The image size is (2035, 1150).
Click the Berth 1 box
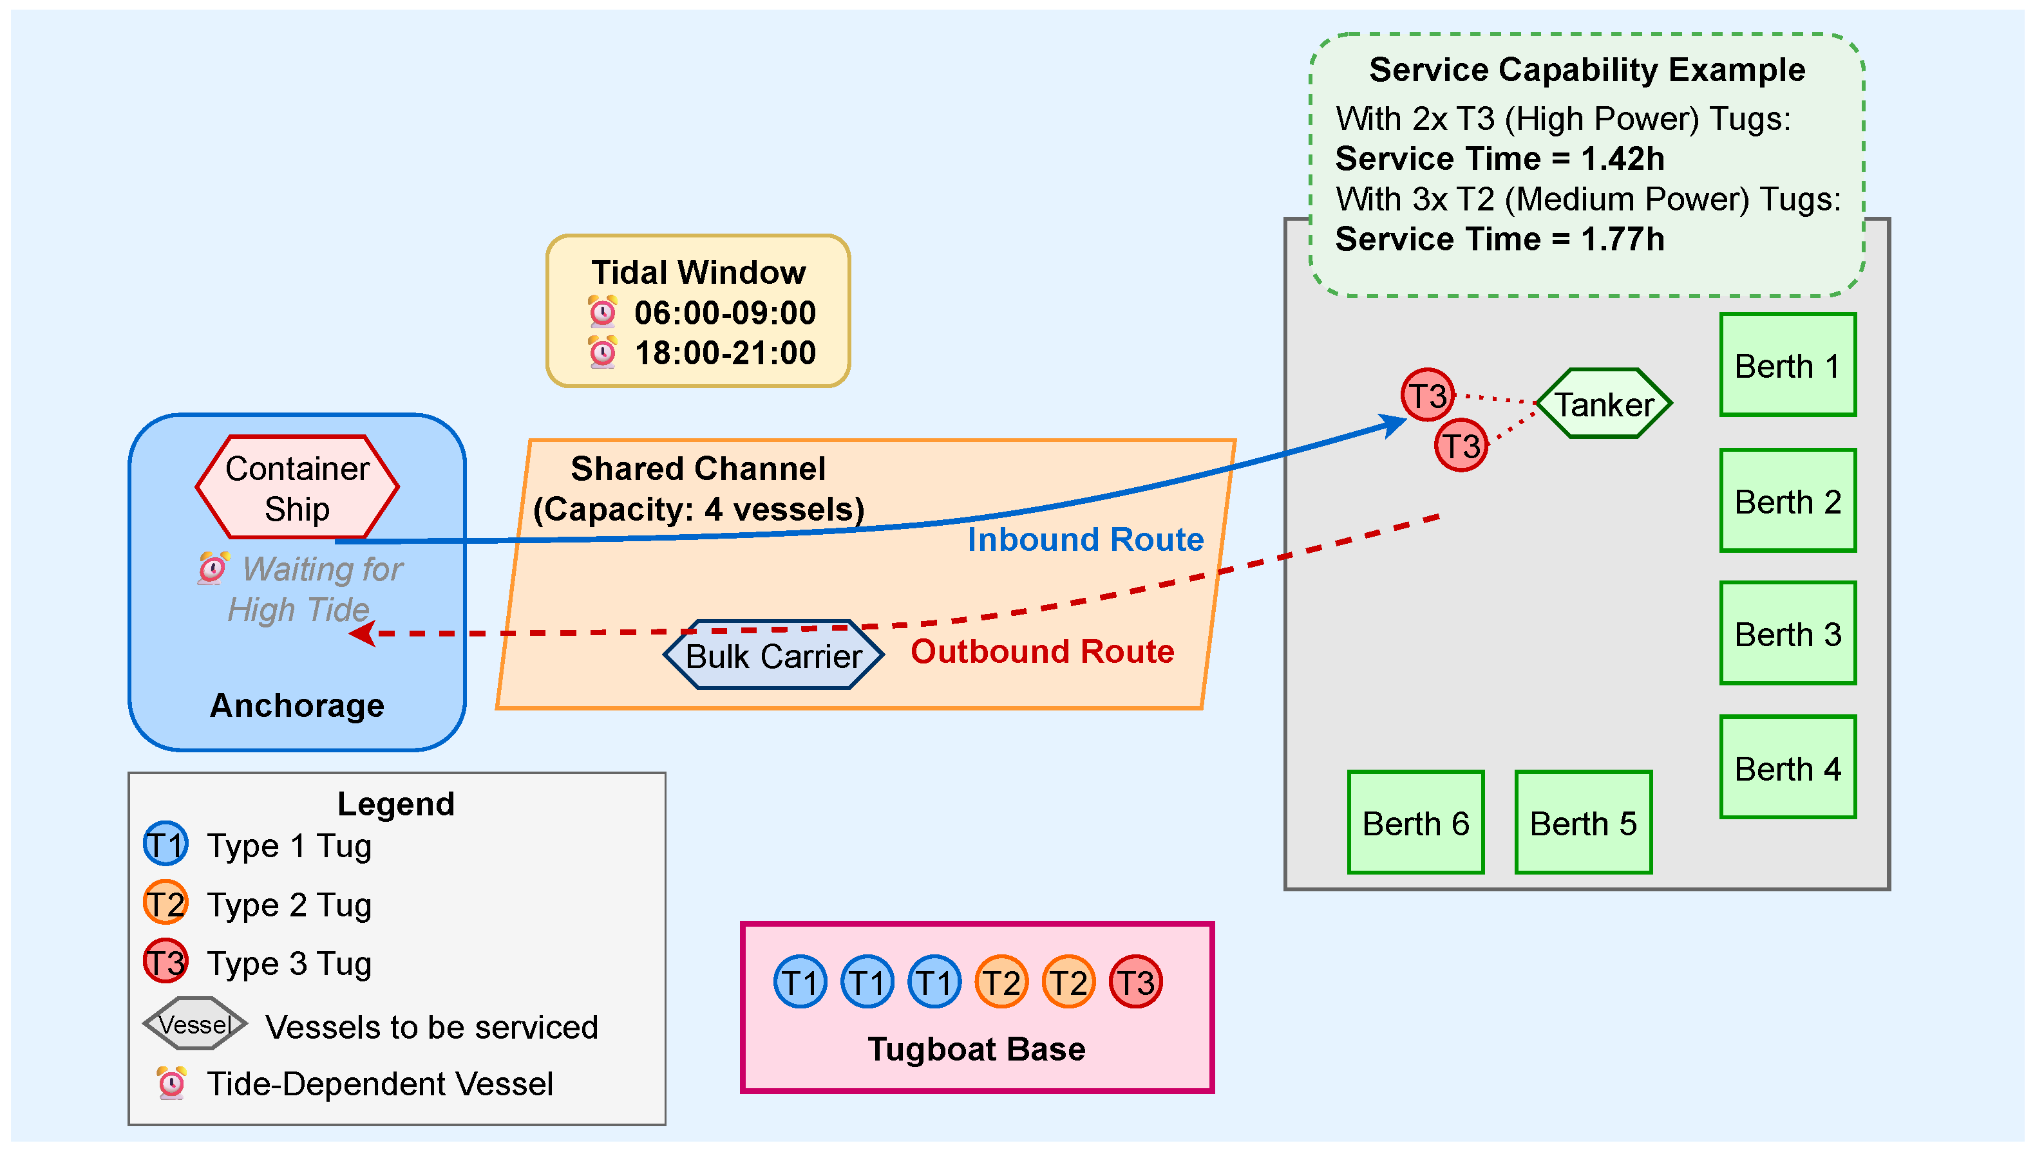(x=1787, y=365)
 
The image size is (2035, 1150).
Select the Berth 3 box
(x=1787, y=633)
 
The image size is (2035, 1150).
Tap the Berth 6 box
(x=1415, y=822)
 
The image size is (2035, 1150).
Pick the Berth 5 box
(x=1582, y=822)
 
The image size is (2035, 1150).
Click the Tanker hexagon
(x=1604, y=403)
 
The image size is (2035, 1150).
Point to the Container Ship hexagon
(x=297, y=487)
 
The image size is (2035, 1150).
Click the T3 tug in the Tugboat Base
(x=1135, y=982)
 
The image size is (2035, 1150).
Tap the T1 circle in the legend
(x=165, y=844)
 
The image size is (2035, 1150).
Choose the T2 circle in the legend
(x=165, y=903)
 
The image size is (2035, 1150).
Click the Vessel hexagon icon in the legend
(x=194, y=1024)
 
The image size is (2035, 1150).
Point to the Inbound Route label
(x=1085, y=539)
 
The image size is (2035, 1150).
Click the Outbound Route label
(x=1041, y=652)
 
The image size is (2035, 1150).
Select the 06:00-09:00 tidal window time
(x=724, y=313)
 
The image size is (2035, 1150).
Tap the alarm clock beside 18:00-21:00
(x=602, y=352)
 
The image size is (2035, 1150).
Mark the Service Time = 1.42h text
(x=1499, y=159)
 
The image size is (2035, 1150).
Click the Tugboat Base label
(x=976, y=1049)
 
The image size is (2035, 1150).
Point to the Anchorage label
(x=297, y=705)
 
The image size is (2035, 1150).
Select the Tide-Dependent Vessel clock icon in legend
(x=171, y=1083)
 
